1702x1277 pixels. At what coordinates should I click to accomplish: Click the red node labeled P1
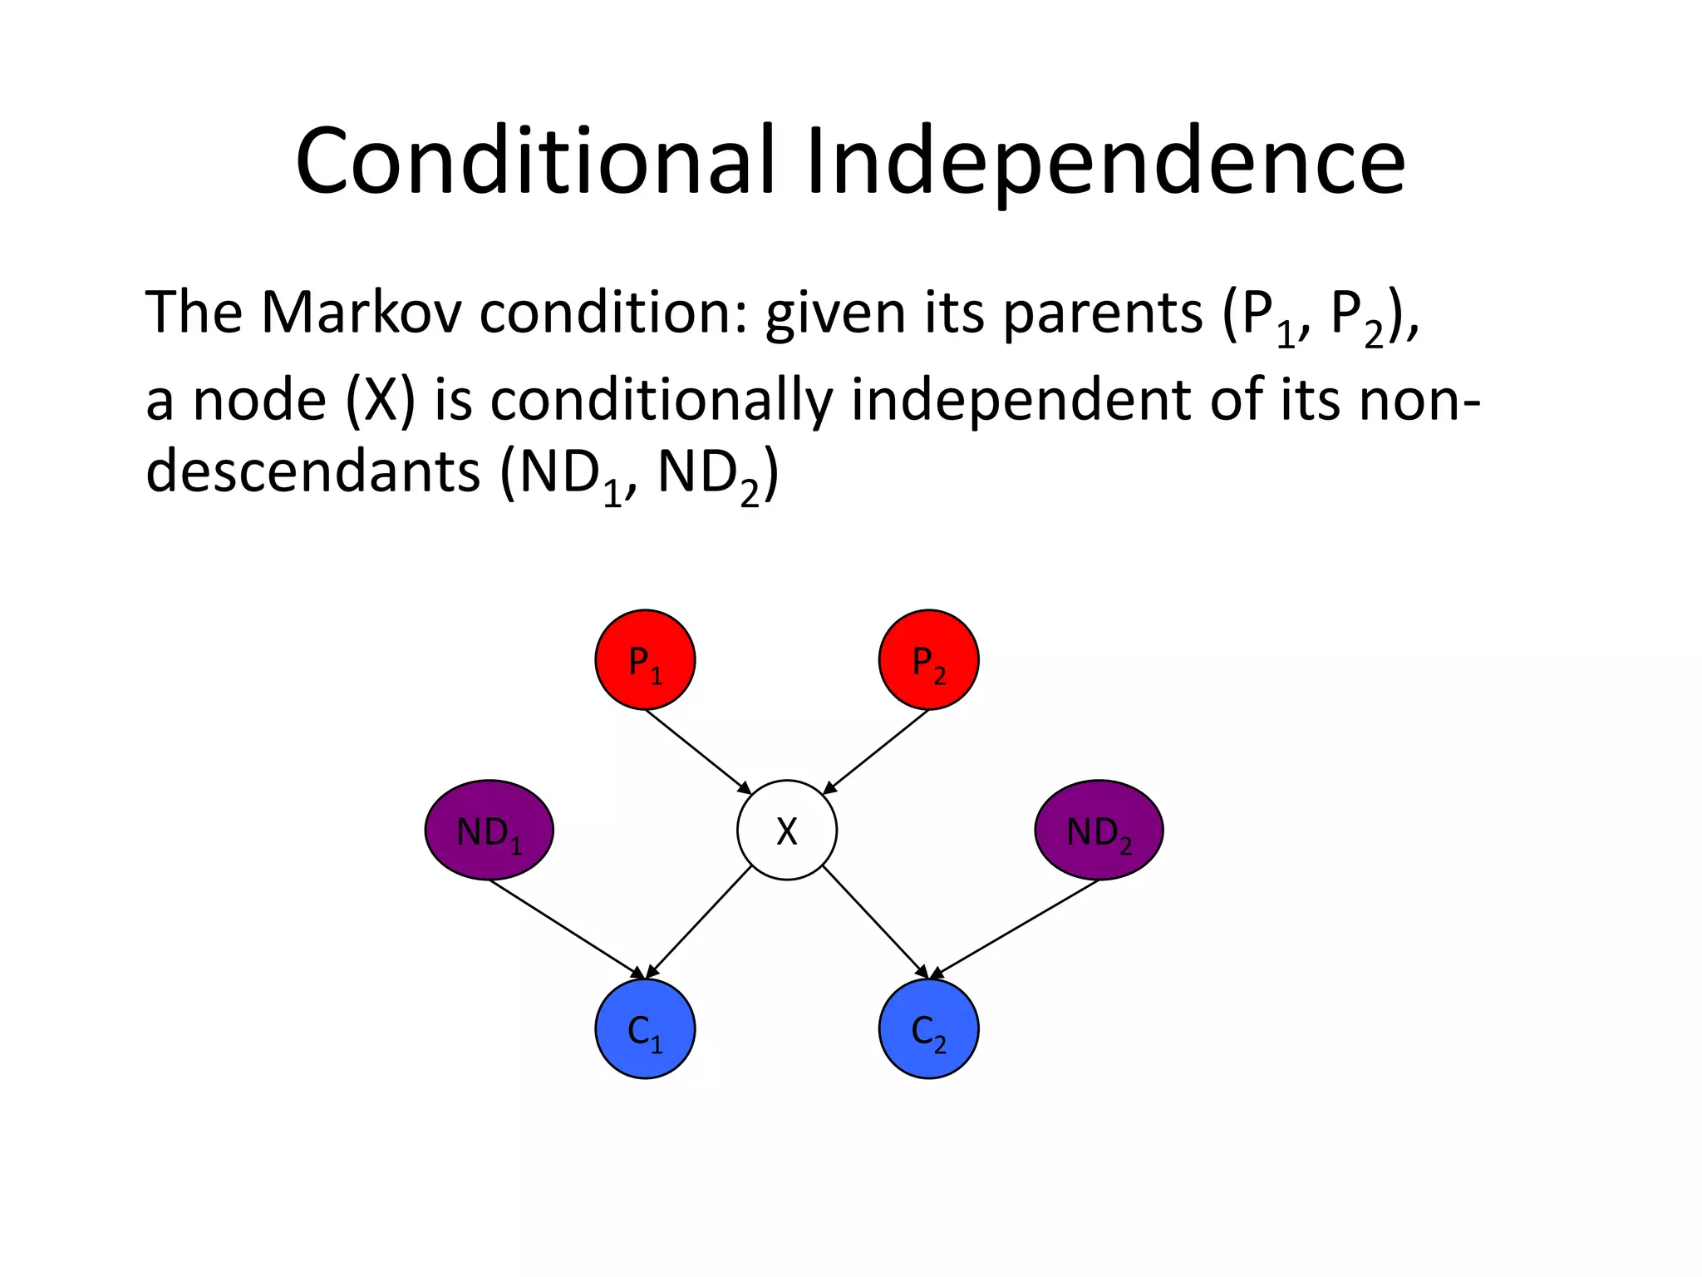pyautogui.click(x=645, y=659)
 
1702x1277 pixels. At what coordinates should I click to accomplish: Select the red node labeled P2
pyautogui.click(x=928, y=659)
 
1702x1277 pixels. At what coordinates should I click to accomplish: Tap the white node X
pyautogui.click(x=786, y=830)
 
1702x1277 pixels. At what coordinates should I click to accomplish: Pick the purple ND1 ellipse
pyautogui.click(x=489, y=830)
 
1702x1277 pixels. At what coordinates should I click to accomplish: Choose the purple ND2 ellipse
pyautogui.click(x=1099, y=830)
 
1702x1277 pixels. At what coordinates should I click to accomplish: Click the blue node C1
pyautogui.click(x=645, y=1029)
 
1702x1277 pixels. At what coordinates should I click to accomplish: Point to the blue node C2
pyautogui.click(x=928, y=1029)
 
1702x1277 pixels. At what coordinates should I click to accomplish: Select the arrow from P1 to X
pyautogui.click(x=698, y=752)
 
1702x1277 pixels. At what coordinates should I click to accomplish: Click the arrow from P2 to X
pyautogui.click(x=876, y=752)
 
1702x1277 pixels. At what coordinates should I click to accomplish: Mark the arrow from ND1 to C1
pyautogui.click(x=567, y=928)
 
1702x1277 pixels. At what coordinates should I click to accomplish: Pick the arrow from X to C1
pyautogui.click(x=699, y=921)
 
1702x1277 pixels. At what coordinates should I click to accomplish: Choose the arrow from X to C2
pyautogui.click(x=875, y=921)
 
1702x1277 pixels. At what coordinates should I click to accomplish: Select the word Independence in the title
pyautogui.click(x=1105, y=161)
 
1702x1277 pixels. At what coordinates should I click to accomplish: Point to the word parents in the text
pyautogui.click(x=1102, y=314)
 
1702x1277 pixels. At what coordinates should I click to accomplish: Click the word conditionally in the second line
pyautogui.click(x=661, y=401)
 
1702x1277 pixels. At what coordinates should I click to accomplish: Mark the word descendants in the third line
pyautogui.click(x=312, y=472)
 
